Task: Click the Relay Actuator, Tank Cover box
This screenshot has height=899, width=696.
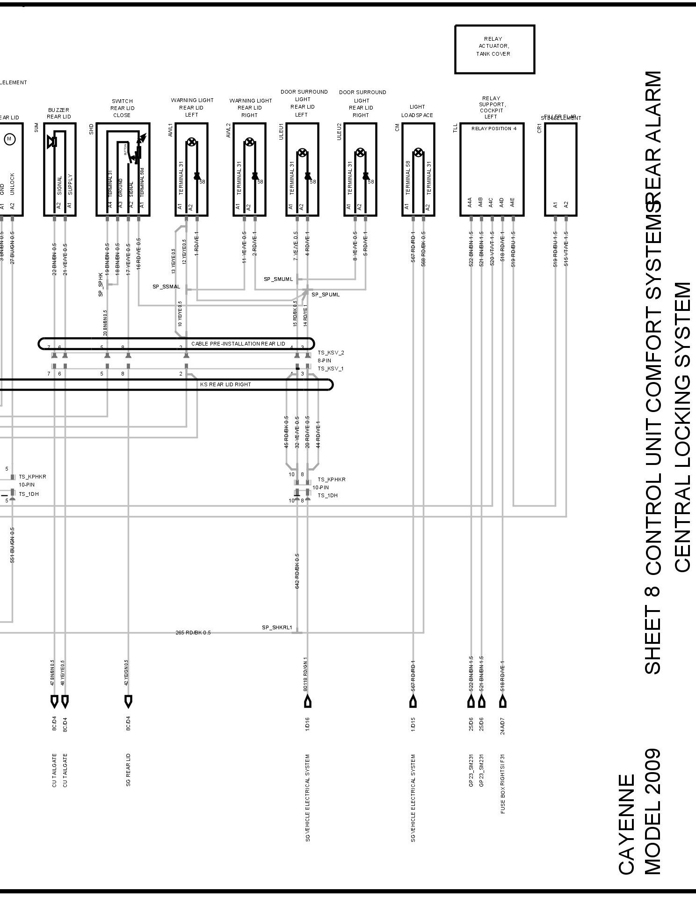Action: point(494,49)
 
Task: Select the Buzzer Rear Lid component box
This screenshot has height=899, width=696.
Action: point(59,169)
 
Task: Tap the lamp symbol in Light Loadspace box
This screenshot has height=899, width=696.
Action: point(419,152)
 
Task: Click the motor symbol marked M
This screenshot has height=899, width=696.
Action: point(9,139)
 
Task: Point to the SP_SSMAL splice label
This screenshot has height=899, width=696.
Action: point(166,287)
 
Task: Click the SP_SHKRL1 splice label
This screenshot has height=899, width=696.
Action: point(277,627)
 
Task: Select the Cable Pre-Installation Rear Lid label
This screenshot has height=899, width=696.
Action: point(238,344)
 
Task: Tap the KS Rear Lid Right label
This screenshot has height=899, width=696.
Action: point(225,384)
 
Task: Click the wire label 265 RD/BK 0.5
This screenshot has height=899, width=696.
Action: point(193,633)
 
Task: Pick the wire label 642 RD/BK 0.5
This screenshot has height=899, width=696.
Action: point(297,571)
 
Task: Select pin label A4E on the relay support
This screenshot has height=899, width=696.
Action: point(513,202)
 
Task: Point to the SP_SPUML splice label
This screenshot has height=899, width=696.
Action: point(326,295)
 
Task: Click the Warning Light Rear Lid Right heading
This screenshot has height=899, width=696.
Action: point(250,108)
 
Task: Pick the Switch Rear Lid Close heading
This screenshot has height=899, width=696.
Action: point(122,108)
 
